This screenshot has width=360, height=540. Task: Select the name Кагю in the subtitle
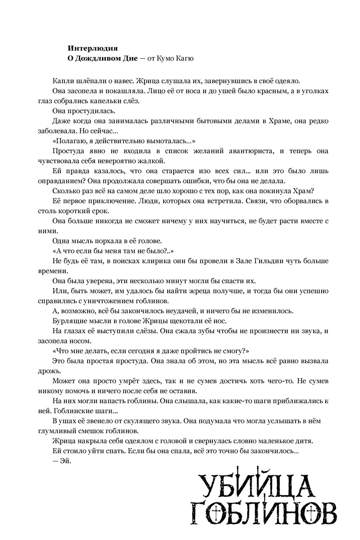tap(184, 58)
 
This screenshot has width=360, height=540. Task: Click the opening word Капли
tap(61, 81)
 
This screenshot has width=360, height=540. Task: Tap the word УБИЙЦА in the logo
tap(256, 484)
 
